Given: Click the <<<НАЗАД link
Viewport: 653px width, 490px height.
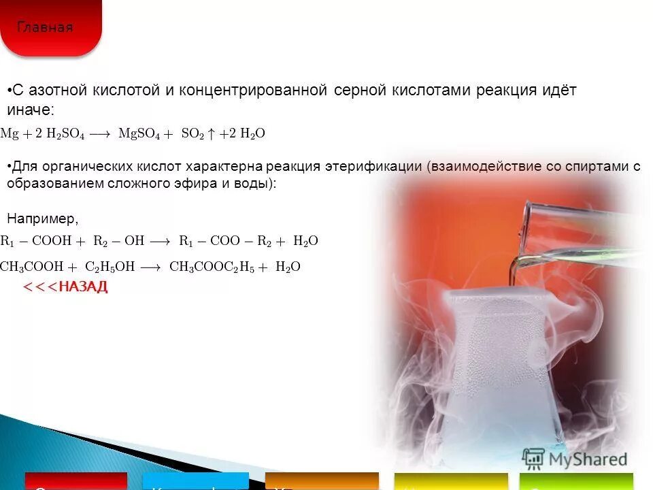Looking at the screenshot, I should [x=65, y=287].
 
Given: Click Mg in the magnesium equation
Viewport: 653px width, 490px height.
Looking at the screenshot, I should [x=10, y=134].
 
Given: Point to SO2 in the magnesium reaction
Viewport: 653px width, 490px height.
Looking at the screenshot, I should [x=192, y=134].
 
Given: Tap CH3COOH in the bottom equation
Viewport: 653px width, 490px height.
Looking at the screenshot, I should [x=32, y=267].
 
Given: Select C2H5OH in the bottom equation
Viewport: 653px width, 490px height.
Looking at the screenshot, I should [x=110, y=267].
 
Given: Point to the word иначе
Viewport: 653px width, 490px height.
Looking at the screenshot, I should [x=29, y=110].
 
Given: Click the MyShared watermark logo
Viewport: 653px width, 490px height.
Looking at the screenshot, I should [x=575, y=459].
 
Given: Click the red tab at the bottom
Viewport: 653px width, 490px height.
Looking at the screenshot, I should [x=76, y=481].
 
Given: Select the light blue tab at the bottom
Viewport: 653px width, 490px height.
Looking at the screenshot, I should [x=196, y=481].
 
